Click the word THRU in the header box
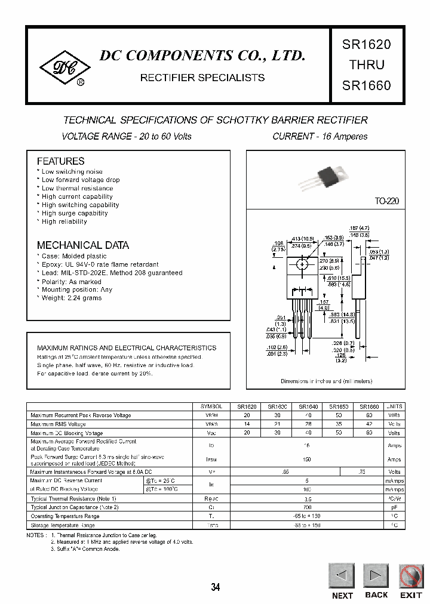click(366, 64)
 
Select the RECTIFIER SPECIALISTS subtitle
click(202, 78)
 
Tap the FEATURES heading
click(60, 161)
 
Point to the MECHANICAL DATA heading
click(82, 245)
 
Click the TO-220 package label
click(386, 202)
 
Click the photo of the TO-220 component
click(328, 174)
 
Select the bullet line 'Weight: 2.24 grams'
click(72, 298)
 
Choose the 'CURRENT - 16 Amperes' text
click(320, 137)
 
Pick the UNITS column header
click(394, 406)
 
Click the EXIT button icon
click(410, 577)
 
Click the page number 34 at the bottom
click(215, 587)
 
